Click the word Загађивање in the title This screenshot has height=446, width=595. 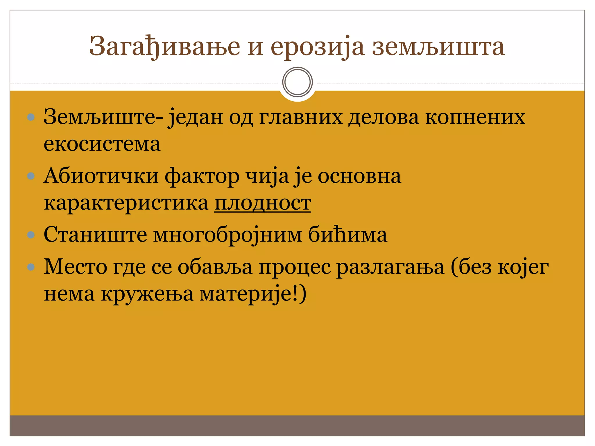164,46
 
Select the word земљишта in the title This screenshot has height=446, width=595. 438,46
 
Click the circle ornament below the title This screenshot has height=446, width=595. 297,82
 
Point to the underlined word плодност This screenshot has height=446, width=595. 263,203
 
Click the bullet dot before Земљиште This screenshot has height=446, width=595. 31,117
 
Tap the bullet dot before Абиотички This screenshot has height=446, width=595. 31,176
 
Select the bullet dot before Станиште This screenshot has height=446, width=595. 31,235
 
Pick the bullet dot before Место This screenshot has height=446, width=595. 31,267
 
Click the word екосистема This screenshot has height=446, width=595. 102,144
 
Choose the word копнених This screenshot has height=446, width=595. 475,117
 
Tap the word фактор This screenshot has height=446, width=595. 202,176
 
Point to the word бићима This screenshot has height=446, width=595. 347,235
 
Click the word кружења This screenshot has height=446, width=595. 147,294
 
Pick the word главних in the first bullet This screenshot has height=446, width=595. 301,117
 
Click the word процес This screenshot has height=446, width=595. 295,267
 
